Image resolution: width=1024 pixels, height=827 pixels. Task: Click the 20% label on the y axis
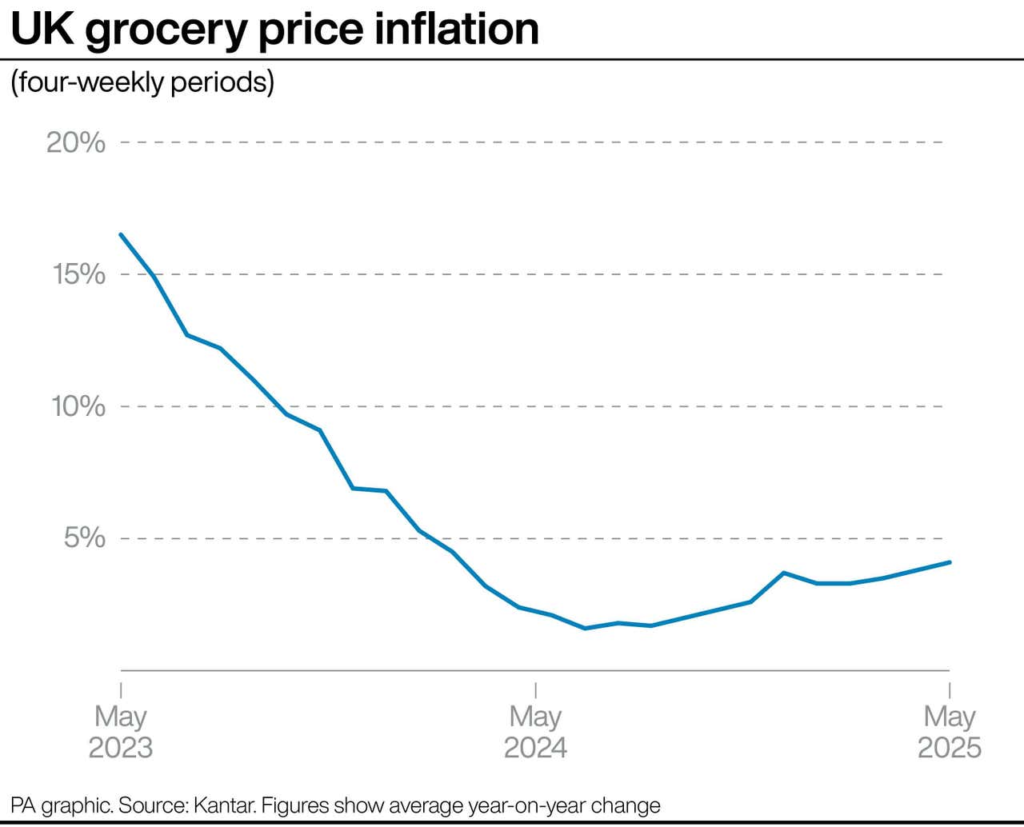coord(76,142)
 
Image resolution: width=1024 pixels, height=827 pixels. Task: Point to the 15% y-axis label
coord(78,274)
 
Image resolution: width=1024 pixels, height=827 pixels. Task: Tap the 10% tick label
coord(78,406)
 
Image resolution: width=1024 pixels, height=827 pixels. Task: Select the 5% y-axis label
coord(84,537)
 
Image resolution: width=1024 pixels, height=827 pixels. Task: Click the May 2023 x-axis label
coord(120,732)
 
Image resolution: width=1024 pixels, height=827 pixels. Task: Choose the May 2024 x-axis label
coord(535,732)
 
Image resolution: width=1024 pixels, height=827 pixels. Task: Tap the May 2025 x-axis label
coord(949,732)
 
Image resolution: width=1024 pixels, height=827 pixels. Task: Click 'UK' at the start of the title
coord(42,29)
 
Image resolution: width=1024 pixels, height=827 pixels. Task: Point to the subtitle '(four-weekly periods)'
coord(142,82)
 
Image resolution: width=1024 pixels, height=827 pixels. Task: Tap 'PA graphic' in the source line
coord(62,805)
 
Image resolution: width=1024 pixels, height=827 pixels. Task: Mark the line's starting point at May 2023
coord(121,234)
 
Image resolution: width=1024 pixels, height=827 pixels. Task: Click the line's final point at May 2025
coord(950,562)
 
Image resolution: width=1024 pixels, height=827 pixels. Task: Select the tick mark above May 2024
coord(535,690)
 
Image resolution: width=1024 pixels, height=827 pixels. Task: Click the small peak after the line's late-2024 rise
coord(784,573)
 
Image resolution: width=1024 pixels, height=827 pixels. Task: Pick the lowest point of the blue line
coord(585,629)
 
